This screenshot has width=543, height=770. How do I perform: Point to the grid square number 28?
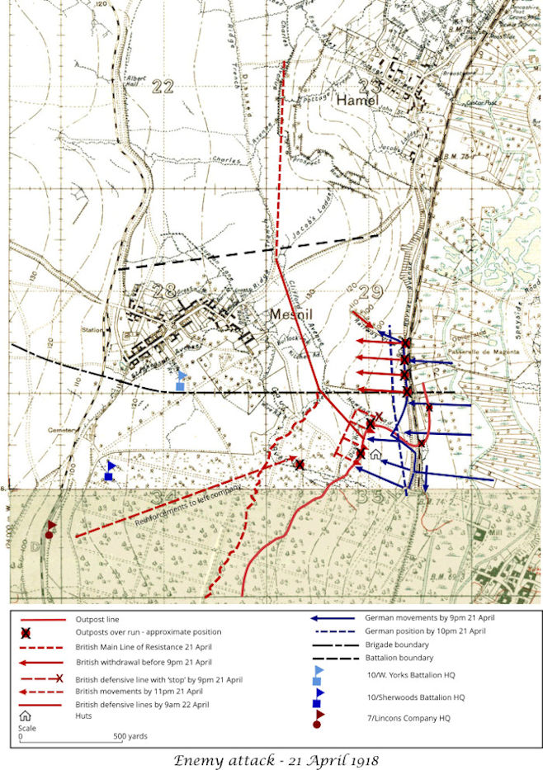(x=164, y=290)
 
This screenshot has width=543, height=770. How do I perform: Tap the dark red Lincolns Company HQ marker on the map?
(x=50, y=528)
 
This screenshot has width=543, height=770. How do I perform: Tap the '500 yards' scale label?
(x=130, y=736)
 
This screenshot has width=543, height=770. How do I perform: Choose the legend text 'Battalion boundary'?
(x=399, y=658)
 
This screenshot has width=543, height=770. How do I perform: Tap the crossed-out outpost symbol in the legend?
(x=26, y=632)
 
